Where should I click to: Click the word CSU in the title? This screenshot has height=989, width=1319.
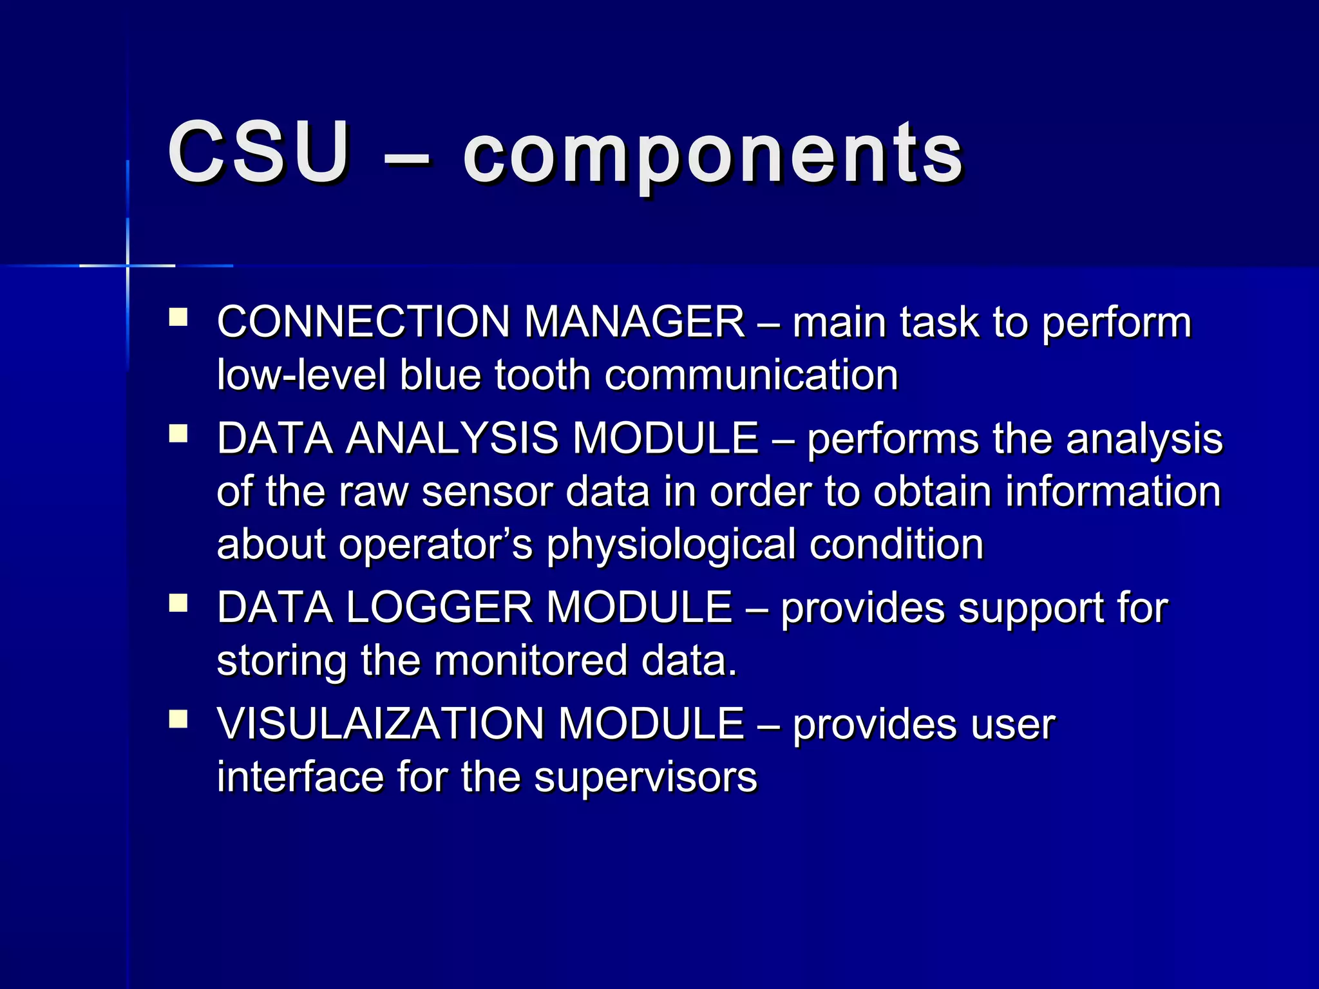point(258,153)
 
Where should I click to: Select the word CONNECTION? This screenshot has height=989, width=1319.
point(363,321)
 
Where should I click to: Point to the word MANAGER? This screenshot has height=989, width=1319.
point(634,321)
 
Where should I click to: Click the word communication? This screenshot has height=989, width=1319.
point(751,375)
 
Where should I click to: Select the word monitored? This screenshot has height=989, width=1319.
point(531,661)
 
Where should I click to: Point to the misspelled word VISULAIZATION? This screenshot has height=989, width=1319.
point(380,724)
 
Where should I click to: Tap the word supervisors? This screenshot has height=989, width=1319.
point(645,777)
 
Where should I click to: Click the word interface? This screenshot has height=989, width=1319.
point(299,777)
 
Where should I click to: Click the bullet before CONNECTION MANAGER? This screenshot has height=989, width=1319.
point(178,317)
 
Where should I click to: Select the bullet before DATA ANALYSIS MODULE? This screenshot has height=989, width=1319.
point(178,434)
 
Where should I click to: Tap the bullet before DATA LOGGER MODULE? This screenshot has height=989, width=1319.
point(178,603)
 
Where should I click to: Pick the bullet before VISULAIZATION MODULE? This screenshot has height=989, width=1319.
point(178,719)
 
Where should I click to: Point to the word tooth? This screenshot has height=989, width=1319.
point(542,375)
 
